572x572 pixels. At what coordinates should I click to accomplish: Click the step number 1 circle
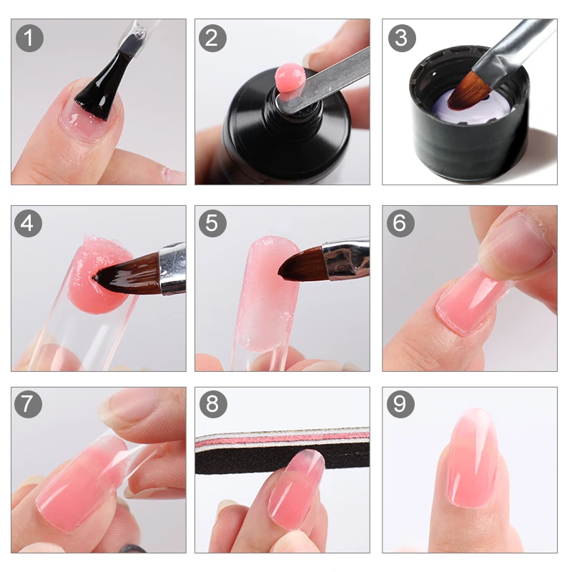click(29, 37)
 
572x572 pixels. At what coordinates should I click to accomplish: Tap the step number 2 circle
click(212, 37)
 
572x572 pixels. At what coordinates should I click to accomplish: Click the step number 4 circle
click(29, 223)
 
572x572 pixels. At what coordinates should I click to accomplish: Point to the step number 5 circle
click(212, 223)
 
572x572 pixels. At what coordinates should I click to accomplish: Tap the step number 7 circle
click(29, 405)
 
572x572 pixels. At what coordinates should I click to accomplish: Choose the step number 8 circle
click(212, 405)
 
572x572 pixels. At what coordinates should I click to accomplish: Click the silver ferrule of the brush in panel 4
click(172, 268)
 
